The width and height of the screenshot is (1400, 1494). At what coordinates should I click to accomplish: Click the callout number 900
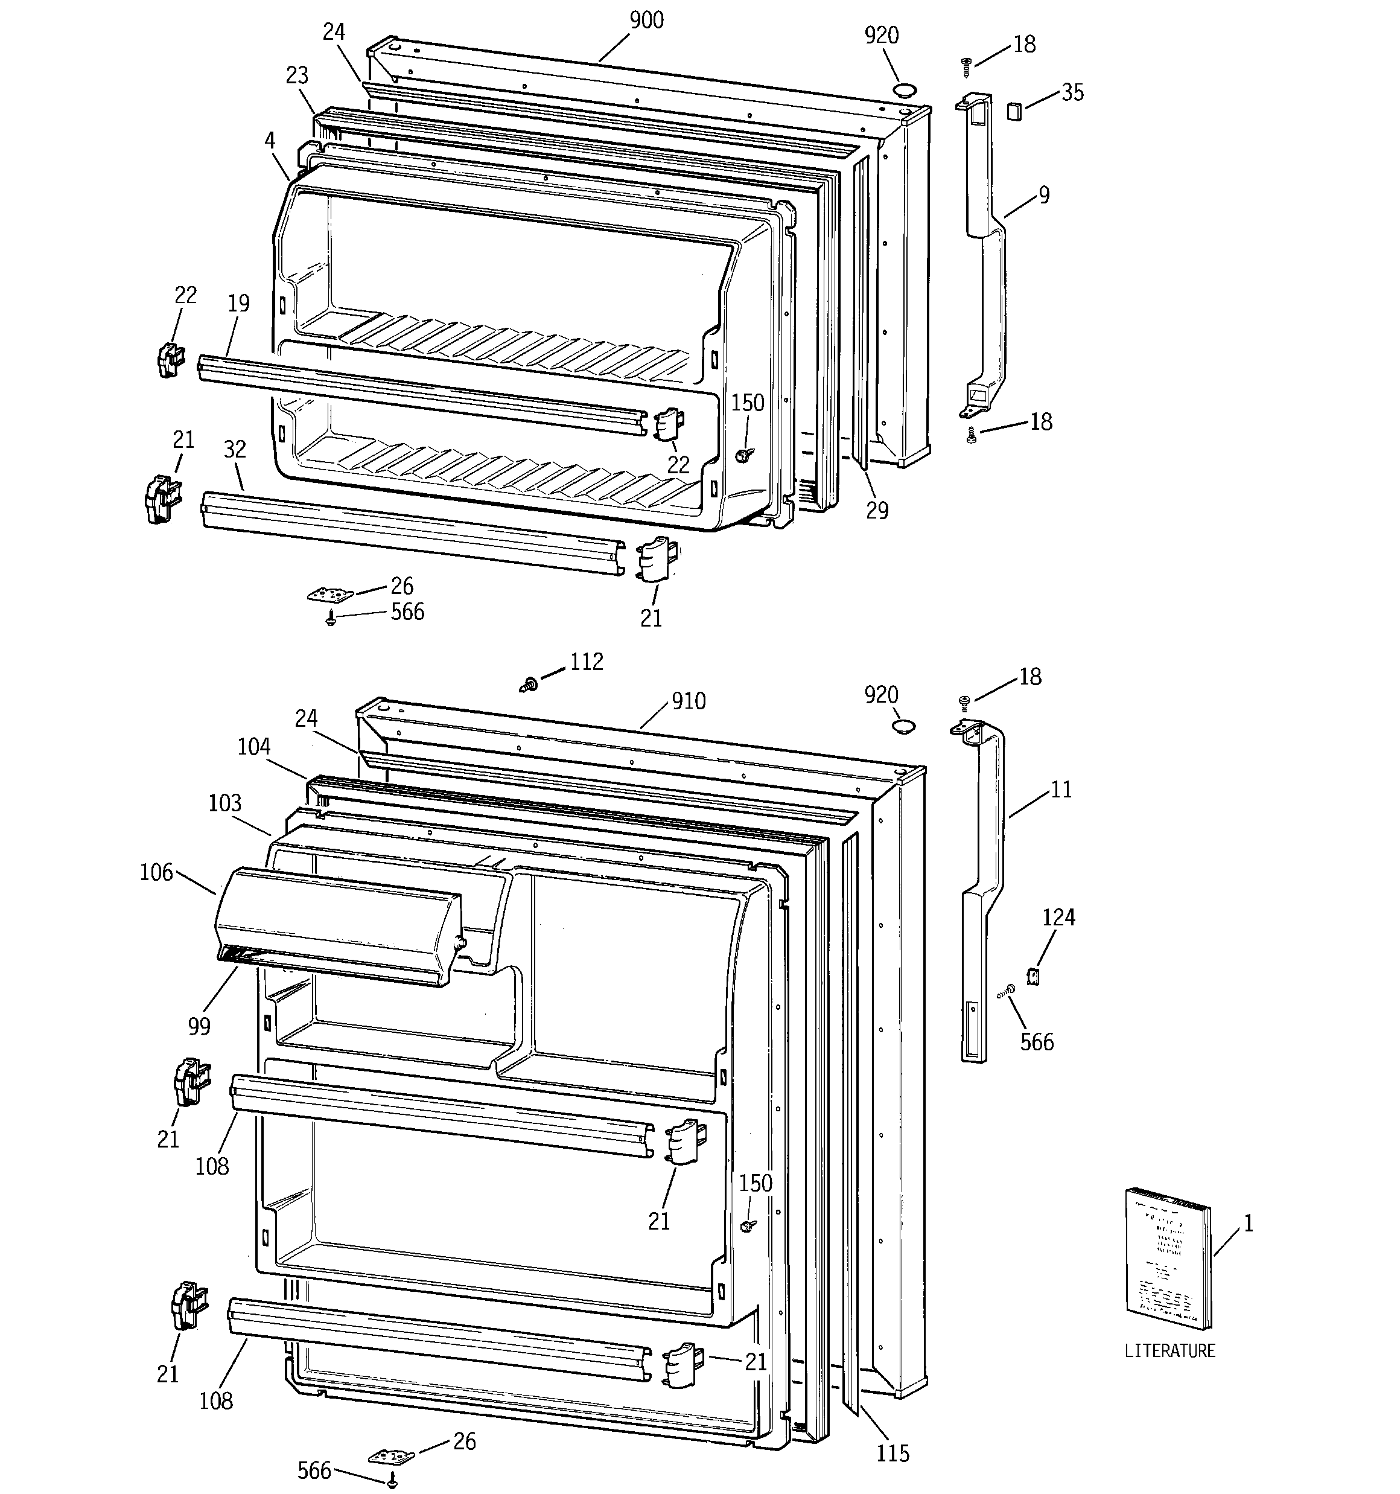point(646,21)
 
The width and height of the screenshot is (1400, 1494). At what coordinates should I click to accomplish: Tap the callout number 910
point(689,701)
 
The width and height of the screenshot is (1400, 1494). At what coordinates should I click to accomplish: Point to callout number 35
point(1072,92)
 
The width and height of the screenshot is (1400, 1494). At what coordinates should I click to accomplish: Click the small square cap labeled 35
point(1014,112)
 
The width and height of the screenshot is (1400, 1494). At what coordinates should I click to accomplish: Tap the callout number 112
point(586,662)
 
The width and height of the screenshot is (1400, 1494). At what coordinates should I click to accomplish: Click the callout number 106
point(156,872)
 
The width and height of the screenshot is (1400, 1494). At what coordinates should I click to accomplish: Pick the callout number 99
point(199,1026)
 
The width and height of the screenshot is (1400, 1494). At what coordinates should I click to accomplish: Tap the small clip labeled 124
point(1032,977)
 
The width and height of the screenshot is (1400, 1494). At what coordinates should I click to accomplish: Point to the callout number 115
point(892,1454)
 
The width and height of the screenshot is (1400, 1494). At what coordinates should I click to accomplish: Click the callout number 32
point(235,449)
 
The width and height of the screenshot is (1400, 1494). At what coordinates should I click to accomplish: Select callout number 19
point(238,304)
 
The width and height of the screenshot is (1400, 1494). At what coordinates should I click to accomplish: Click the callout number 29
point(877,510)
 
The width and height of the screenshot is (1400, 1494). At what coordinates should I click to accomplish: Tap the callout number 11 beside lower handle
point(1060,789)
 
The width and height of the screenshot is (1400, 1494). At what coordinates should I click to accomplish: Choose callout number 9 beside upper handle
point(1044,196)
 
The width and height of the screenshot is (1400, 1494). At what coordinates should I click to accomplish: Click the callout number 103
point(224,803)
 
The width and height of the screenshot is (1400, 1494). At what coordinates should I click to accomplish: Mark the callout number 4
point(269,141)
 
